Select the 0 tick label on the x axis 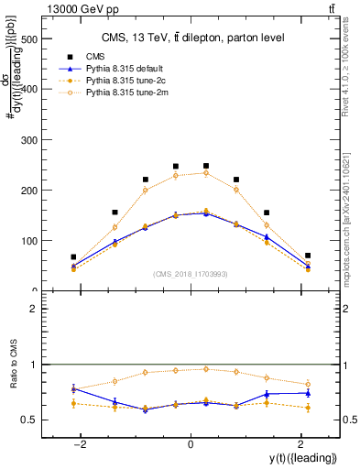[x=190, y=444]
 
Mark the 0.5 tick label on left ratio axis [x=27, y=420]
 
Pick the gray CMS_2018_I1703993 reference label [x=190, y=274]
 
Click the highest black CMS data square [x=206, y=166]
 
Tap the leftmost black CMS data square [x=73, y=257]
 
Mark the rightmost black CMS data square [x=308, y=256]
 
